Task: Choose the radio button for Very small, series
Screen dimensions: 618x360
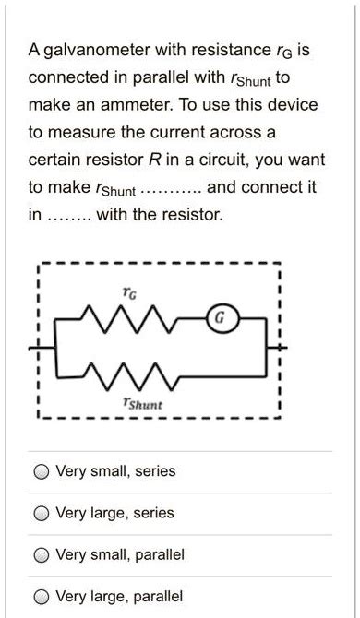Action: [42, 472]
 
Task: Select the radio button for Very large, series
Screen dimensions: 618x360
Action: [42, 514]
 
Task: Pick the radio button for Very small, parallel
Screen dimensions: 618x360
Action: [42, 555]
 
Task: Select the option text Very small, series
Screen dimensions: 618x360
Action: [115, 472]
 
